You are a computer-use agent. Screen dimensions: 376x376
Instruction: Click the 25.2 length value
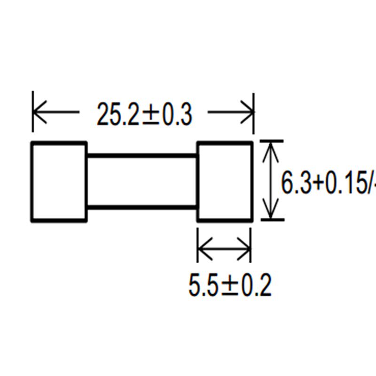[117, 114]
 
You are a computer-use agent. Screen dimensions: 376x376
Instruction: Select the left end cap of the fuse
[59, 181]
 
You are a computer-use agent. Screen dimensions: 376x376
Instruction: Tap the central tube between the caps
[142, 181]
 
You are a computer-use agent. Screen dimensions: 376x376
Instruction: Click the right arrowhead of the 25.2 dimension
[248, 112]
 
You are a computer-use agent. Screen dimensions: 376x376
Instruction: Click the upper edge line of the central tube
[142, 156]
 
